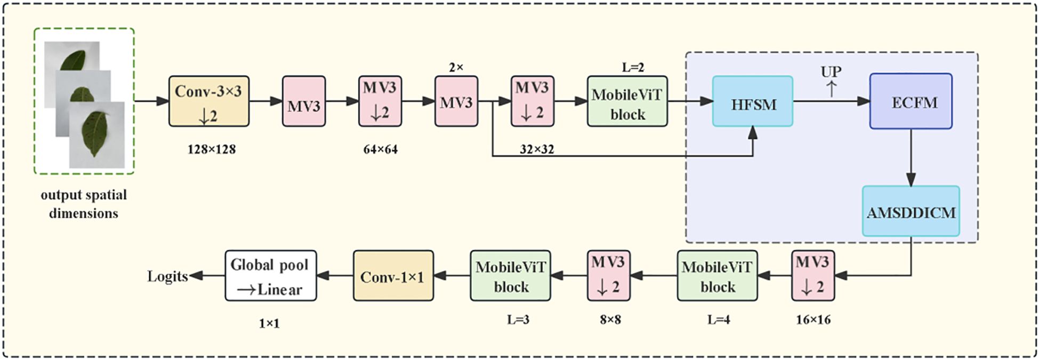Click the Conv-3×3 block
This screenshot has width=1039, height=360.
tap(208, 101)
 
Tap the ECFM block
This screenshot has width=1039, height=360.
tap(911, 101)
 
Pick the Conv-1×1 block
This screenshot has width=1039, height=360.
tap(393, 276)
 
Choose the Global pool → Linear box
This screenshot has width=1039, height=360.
tap(270, 276)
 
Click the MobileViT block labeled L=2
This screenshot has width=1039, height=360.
tap(627, 101)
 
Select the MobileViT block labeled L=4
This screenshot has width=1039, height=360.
tap(717, 276)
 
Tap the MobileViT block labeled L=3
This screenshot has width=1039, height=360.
tap(510, 276)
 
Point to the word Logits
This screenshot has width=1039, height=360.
tap(167, 276)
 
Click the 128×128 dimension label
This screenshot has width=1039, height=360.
tap(211, 149)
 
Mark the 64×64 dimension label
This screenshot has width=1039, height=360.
tap(380, 149)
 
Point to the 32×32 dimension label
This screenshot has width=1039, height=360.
tap(537, 149)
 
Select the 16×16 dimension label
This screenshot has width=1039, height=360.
tap(813, 320)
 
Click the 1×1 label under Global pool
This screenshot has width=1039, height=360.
tap(269, 323)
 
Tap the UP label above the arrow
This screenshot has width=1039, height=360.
tap(831, 71)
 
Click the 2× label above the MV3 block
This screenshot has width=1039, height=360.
tap(456, 68)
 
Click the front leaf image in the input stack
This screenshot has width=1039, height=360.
tap(96, 134)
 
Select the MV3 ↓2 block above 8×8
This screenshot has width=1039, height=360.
tap(608, 276)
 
